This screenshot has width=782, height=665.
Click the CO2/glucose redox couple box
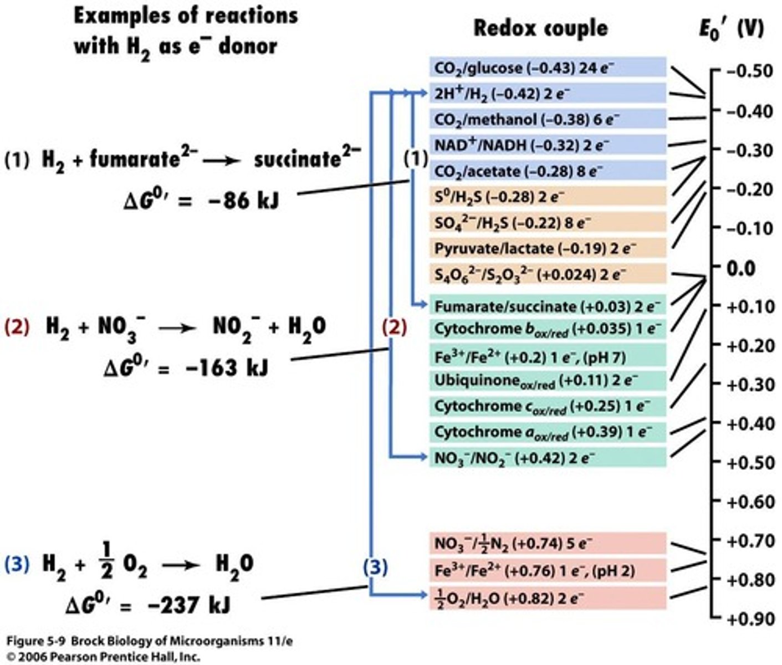pyautogui.click(x=548, y=68)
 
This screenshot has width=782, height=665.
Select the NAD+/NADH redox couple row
pyautogui.click(x=548, y=145)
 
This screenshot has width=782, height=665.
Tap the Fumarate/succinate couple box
pyautogui.click(x=548, y=306)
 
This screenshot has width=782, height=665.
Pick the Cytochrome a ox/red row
pyautogui.click(x=548, y=432)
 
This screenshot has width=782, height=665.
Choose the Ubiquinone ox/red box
pyautogui.click(x=548, y=381)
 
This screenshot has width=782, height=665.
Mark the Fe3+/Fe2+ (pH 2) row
pyautogui.click(x=548, y=570)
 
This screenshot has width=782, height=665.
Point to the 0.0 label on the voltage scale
pyautogui.click(x=741, y=268)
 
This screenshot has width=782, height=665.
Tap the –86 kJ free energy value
pyautogui.click(x=238, y=200)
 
